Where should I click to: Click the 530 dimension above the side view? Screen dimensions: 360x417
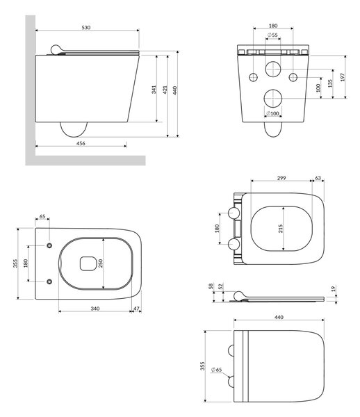86,27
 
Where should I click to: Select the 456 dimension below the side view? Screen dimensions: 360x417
81,143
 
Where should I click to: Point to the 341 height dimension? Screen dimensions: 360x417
154,90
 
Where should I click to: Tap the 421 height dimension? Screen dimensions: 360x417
165,90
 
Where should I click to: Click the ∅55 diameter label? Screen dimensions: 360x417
272,35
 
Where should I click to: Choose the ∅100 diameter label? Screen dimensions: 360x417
273,113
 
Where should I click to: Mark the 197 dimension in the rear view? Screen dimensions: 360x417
343,77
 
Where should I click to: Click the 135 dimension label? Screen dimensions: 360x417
330,83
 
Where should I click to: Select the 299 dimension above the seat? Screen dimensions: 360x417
281,178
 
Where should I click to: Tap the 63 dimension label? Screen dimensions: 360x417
318,178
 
